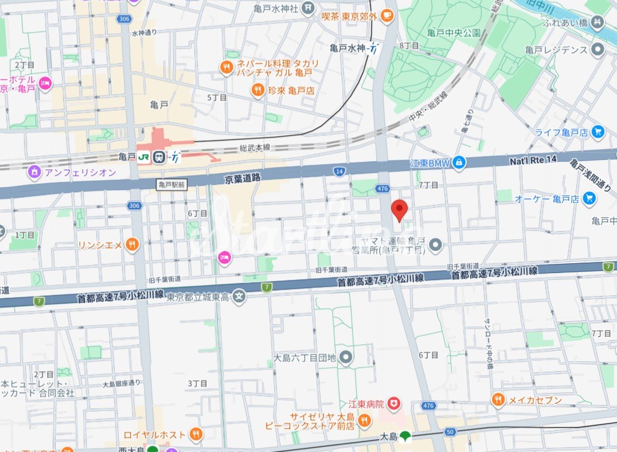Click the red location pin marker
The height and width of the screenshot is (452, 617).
tap(399, 210)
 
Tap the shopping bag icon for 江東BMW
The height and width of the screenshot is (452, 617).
tap(459, 163)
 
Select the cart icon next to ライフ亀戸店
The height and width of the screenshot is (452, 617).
tap(599, 132)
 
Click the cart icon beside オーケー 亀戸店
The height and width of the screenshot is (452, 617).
tap(588, 198)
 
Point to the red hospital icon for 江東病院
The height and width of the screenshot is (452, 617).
tap(393, 404)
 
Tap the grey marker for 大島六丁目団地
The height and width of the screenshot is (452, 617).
tap(345, 357)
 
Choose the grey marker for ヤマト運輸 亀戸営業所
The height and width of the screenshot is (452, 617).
tap(436, 245)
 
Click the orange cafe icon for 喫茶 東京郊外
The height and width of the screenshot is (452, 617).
tap(387, 15)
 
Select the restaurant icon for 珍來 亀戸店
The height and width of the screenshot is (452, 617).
tap(259, 90)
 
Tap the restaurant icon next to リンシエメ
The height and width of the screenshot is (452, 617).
tap(132, 245)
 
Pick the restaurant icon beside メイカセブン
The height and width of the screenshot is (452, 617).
tap(498, 400)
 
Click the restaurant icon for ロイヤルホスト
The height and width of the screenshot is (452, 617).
tap(196, 434)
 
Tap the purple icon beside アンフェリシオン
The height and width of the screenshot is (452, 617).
tap(34, 171)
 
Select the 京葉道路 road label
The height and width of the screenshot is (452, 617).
tap(243, 179)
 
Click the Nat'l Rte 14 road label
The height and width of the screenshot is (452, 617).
tap(533, 162)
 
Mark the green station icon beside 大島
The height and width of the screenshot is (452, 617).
tap(406, 437)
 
